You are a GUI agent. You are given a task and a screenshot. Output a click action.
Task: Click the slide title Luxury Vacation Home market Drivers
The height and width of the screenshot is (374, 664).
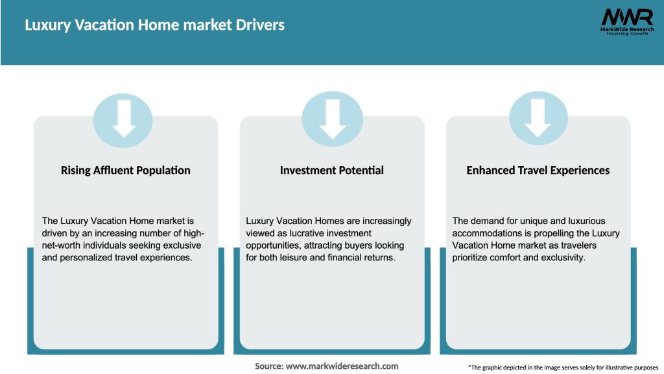[154, 25]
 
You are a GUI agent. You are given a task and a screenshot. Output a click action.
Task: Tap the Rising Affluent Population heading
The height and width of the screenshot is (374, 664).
[126, 170]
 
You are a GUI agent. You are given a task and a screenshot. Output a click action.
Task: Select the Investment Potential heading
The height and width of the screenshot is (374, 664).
[332, 170]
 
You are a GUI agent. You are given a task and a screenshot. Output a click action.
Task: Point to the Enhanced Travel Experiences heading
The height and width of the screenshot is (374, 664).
[538, 170]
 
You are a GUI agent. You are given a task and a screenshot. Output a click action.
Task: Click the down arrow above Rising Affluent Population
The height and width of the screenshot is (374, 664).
[124, 119]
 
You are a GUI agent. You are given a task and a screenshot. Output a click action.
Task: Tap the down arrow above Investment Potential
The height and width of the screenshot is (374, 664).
[332, 119]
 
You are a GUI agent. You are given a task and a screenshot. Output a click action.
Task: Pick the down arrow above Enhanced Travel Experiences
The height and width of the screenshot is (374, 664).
[538, 119]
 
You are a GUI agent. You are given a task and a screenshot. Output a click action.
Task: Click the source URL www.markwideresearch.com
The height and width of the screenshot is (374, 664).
[342, 366]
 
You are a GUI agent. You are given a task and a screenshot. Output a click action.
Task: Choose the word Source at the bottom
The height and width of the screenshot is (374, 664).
[268, 366]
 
